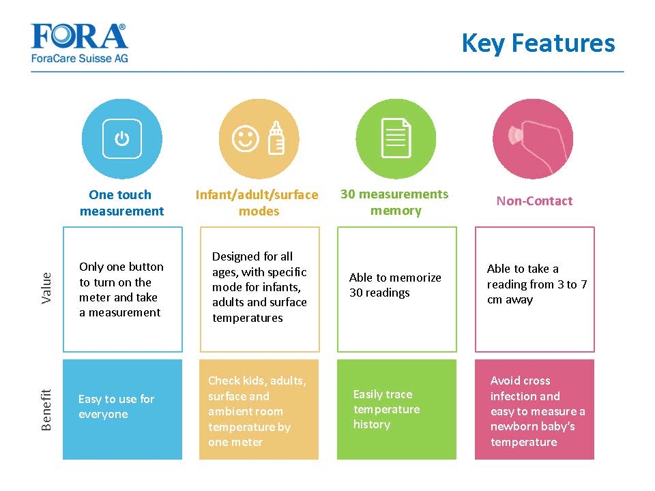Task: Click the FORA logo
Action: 79,42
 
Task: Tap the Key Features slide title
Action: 538,43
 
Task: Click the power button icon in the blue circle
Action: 122,138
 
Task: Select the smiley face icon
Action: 245,138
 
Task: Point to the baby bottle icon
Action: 276,138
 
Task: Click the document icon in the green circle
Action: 396,138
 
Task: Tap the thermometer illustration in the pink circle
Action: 537,144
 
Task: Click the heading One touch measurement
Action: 121,203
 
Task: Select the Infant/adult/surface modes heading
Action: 257,203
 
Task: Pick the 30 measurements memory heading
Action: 395,202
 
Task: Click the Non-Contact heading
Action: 534,200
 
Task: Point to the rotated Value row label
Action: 46,288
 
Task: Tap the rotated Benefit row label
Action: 46,410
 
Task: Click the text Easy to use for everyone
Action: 116,406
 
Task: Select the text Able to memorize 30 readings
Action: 395,285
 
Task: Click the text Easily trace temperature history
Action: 386,409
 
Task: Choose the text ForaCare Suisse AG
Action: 79,59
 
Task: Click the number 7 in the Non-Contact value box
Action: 583,284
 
